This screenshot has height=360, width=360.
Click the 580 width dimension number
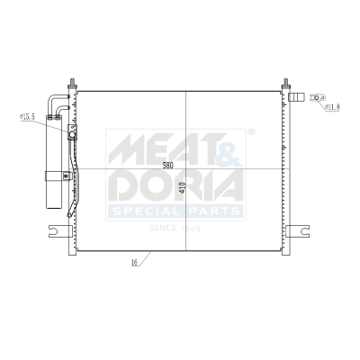click(x=167, y=166)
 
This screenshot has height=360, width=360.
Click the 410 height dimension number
click(x=182, y=188)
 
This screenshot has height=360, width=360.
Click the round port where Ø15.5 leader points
click(x=72, y=135)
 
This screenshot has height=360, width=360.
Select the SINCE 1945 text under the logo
click(x=175, y=228)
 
